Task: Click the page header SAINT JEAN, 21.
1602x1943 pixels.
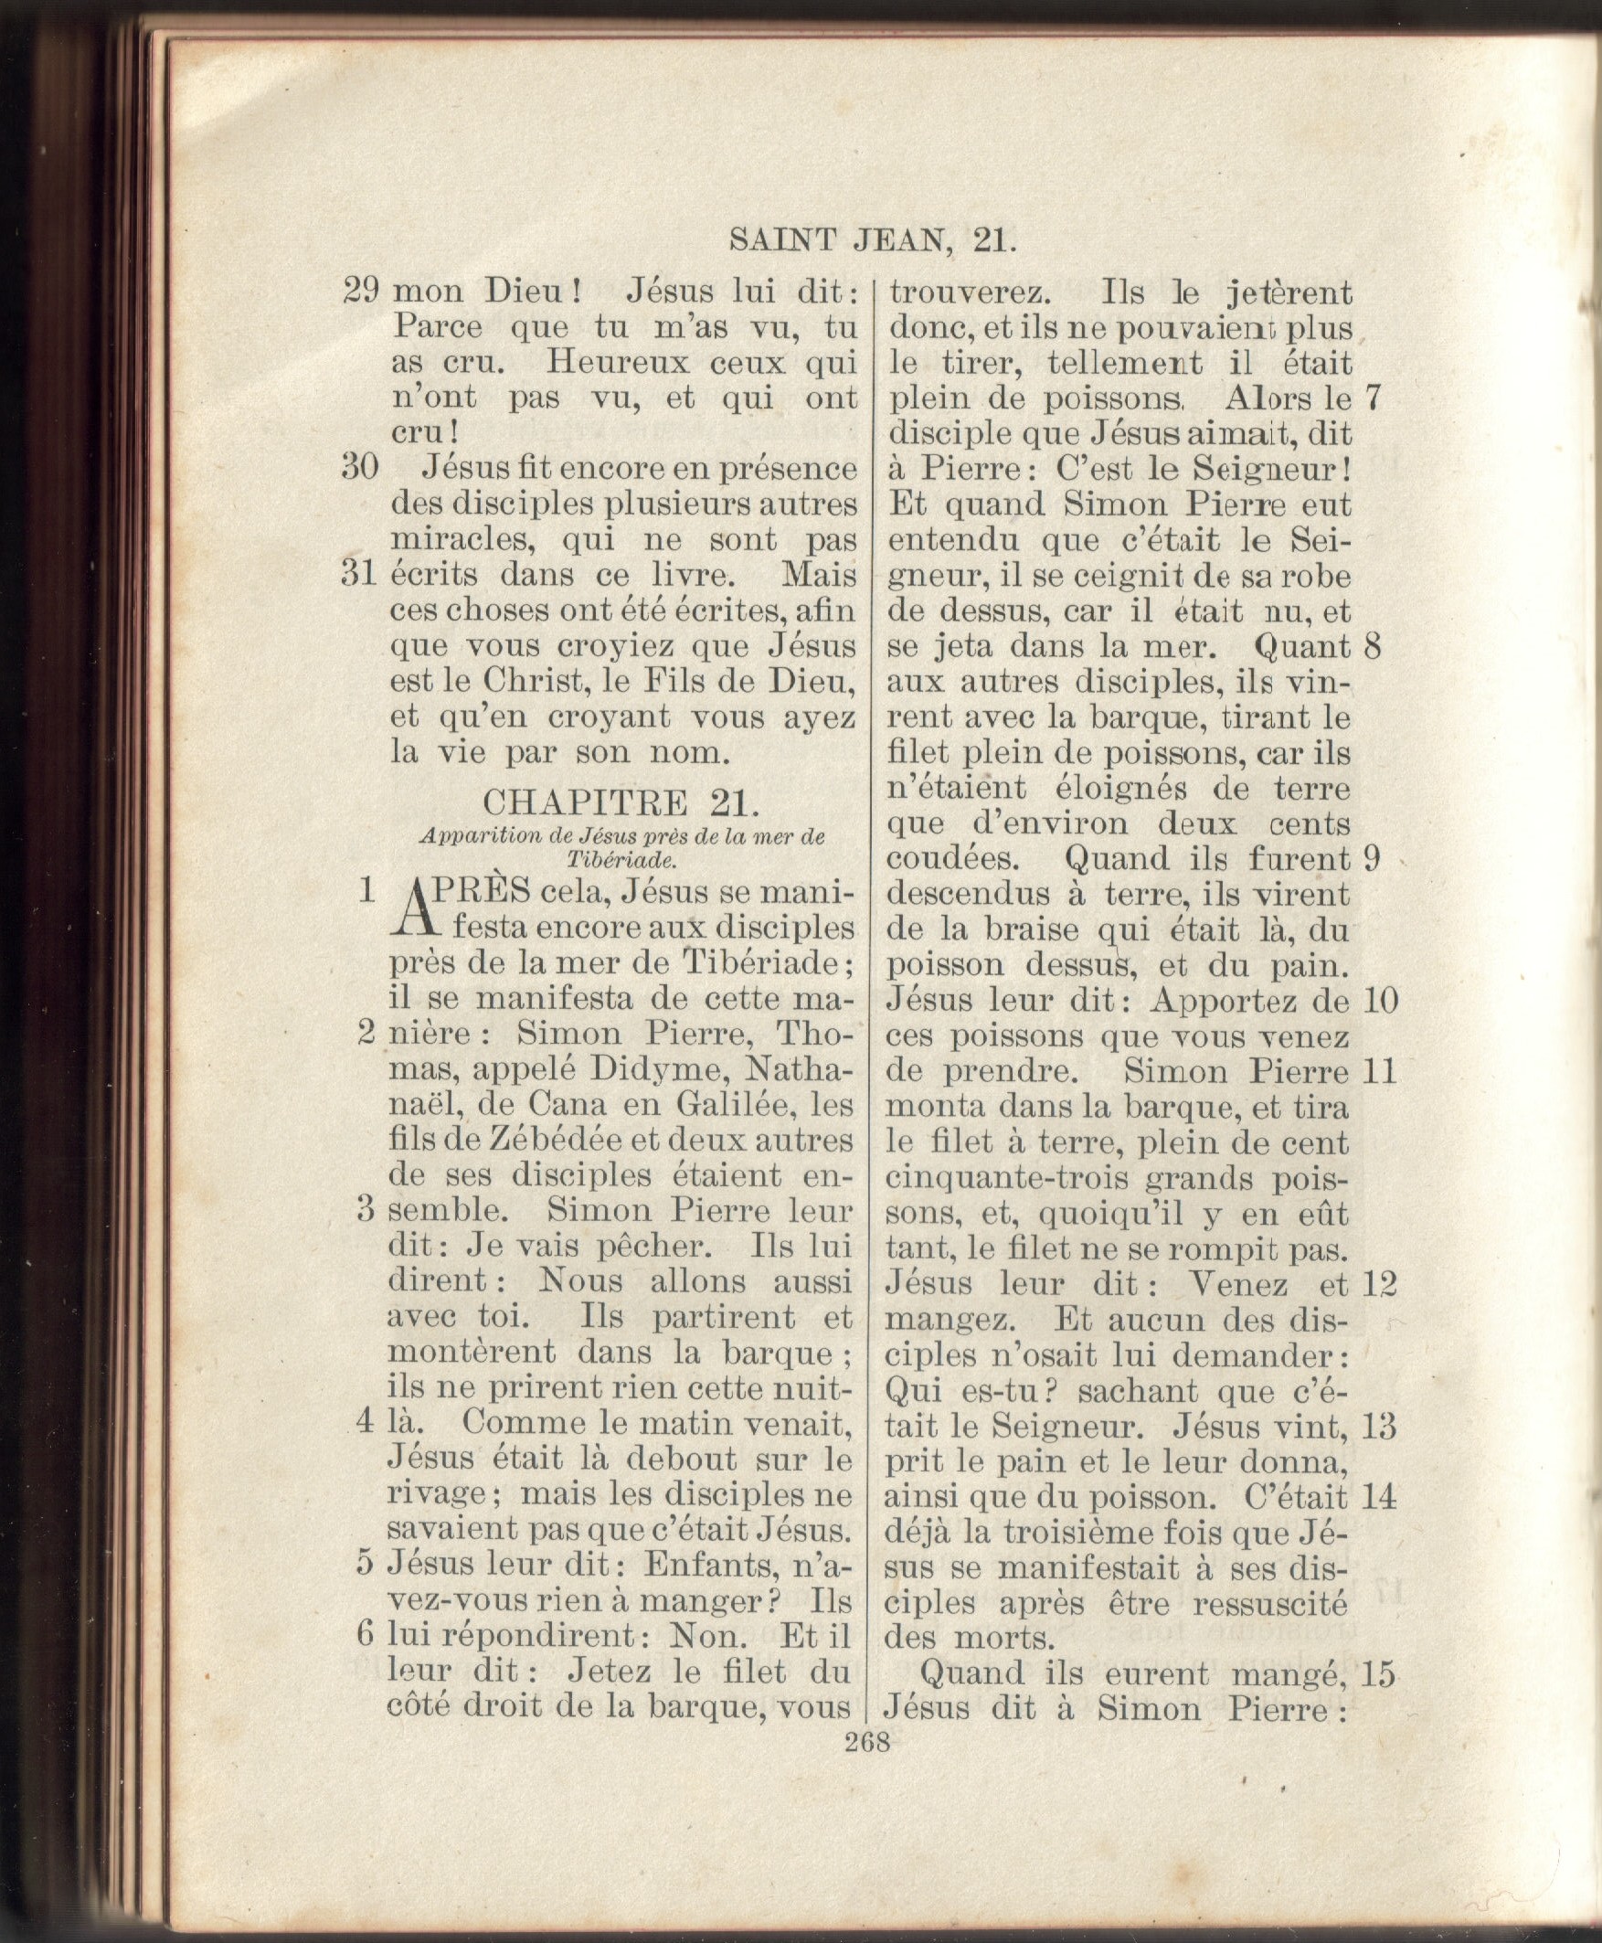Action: coord(872,241)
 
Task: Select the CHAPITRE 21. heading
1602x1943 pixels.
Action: coord(621,802)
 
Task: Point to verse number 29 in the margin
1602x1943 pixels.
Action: coord(361,291)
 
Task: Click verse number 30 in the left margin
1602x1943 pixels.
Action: coord(360,467)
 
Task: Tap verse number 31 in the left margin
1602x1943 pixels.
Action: coord(360,574)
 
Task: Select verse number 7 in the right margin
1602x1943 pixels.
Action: coord(1373,398)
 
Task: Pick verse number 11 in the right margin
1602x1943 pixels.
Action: coord(1379,1072)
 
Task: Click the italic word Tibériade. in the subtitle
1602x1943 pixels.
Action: coord(621,859)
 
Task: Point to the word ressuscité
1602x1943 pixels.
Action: coord(1269,1603)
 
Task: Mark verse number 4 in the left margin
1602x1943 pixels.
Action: coord(366,1422)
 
